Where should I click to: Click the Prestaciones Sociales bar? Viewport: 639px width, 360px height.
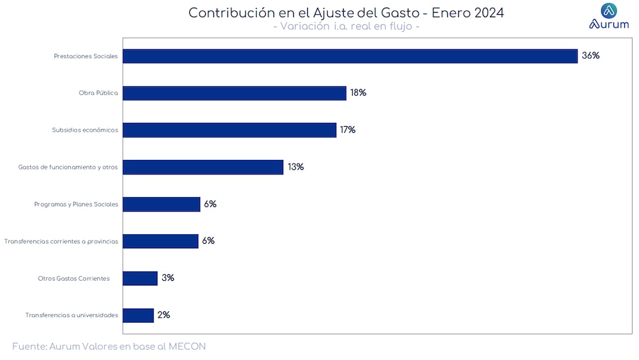350,56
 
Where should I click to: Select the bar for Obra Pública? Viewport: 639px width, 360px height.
235,93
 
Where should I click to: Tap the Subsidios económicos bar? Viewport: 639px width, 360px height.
229,130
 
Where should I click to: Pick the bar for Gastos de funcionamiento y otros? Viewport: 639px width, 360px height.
203,168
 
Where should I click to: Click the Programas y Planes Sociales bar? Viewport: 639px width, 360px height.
162,205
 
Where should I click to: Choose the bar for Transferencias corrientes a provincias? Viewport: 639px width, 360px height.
160,241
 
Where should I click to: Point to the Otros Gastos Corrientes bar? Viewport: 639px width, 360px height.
140,278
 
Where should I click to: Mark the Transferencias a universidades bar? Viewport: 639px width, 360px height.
138,315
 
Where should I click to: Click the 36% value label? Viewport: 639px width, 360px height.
590,56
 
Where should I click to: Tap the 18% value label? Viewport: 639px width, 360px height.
358,93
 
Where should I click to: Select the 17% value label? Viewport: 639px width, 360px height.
348,130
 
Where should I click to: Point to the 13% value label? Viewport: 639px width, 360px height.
295,167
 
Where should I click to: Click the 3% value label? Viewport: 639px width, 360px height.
168,278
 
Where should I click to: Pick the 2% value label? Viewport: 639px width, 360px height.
164,315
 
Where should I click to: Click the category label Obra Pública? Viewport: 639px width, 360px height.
98,93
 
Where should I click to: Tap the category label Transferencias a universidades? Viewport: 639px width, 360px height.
72,315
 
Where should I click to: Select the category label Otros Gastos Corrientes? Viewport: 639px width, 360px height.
74,279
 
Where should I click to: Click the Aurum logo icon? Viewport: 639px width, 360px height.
609,10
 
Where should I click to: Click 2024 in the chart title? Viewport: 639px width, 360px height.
486,13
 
